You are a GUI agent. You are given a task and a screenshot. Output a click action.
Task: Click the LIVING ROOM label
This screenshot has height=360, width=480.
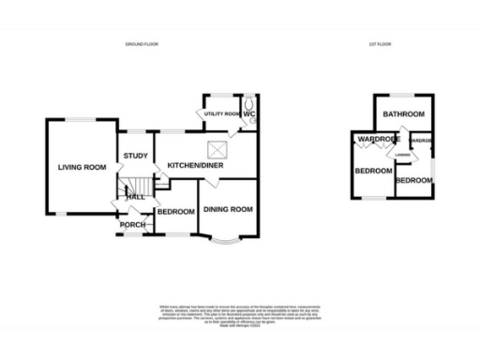point(81,168)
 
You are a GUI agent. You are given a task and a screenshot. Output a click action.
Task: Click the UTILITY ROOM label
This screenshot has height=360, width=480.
point(217,114)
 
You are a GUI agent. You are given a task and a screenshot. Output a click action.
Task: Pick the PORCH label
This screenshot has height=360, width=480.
point(130,225)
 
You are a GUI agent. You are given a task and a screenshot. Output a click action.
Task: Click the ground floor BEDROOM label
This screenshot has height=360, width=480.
point(174,213)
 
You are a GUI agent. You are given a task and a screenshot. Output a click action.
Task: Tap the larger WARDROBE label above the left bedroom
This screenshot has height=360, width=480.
point(373,142)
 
